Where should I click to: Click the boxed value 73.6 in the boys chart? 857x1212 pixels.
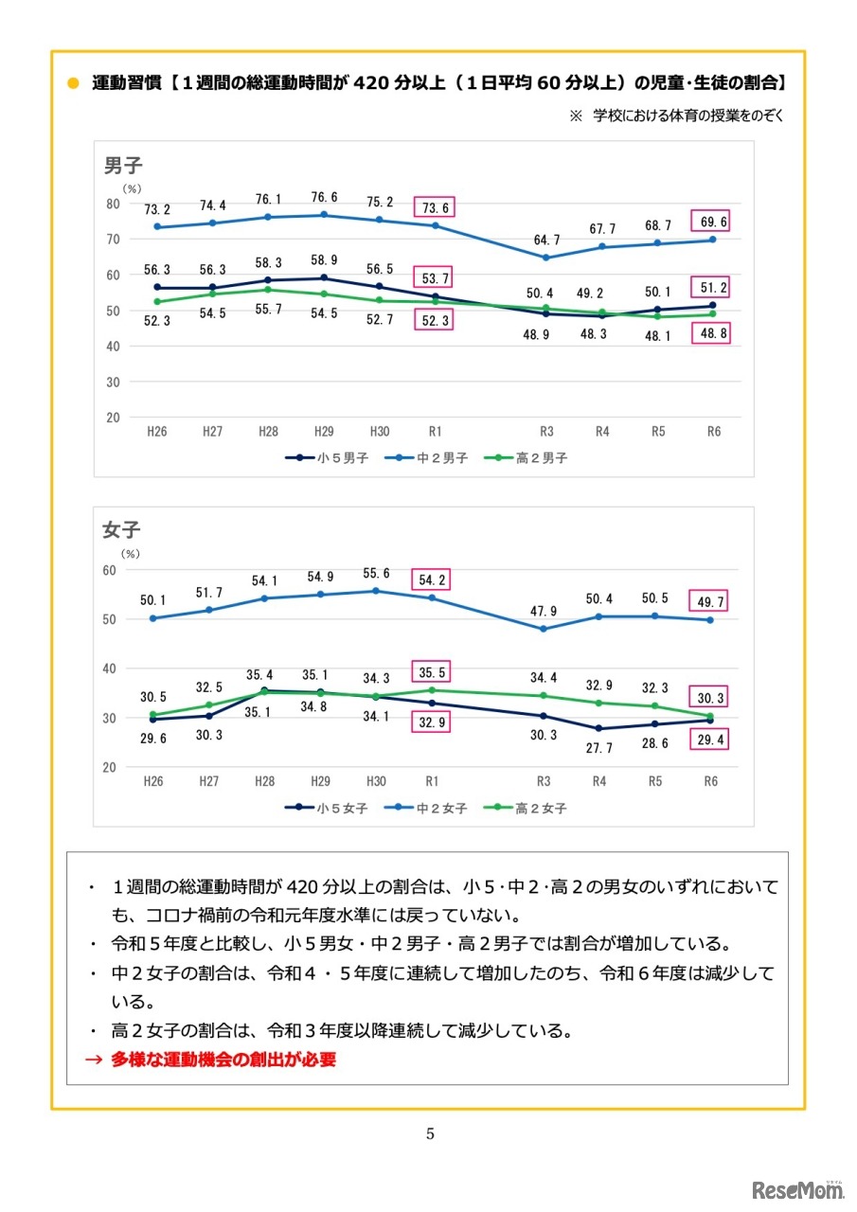pyautogui.click(x=432, y=208)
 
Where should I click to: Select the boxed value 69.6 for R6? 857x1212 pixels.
pyautogui.click(x=713, y=220)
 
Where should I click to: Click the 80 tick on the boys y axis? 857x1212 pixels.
pyautogui.click(x=113, y=204)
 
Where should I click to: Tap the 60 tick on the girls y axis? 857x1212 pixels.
pyautogui.click(x=110, y=570)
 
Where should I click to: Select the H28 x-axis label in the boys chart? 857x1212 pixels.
pyautogui.click(x=268, y=431)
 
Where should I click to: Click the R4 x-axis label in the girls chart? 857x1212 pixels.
pyautogui.click(x=599, y=781)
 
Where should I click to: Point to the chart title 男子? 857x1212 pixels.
pyautogui.click(x=122, y=167)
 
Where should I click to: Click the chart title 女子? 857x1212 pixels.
pyautogui.click(x=121, y=531)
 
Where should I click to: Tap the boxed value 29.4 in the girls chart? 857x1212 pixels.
pyautogui.click(x=713, y=740)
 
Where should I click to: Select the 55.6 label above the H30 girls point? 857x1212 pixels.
pyautogui.click(x=378, y=573)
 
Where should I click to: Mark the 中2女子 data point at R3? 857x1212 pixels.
pyautogui.click(x=544, y=629)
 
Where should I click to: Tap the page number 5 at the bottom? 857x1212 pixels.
pyautogui.click(x=430, y=1133)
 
